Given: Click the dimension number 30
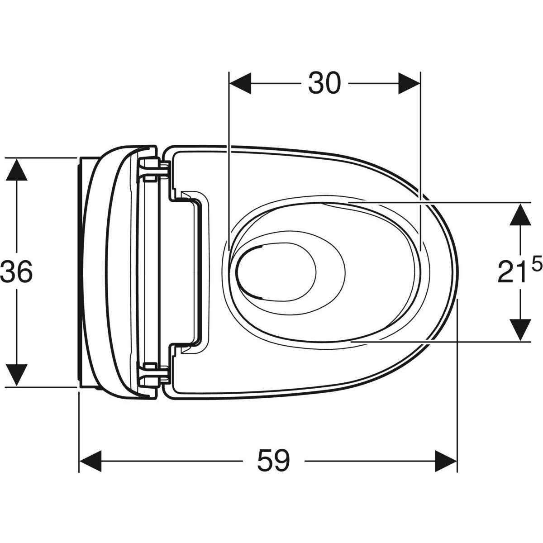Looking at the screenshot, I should (324, 84).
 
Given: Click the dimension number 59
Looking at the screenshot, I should (273, 461).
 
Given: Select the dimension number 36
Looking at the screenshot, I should (17, 271).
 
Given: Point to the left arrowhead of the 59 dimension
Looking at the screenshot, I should (90, 461).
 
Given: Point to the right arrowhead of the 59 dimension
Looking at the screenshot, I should (446, 461).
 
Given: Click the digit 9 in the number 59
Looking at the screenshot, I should (281, 461).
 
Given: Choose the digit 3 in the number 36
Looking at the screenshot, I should (9, 271).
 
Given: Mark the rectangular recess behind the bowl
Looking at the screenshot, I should (190, 271).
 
